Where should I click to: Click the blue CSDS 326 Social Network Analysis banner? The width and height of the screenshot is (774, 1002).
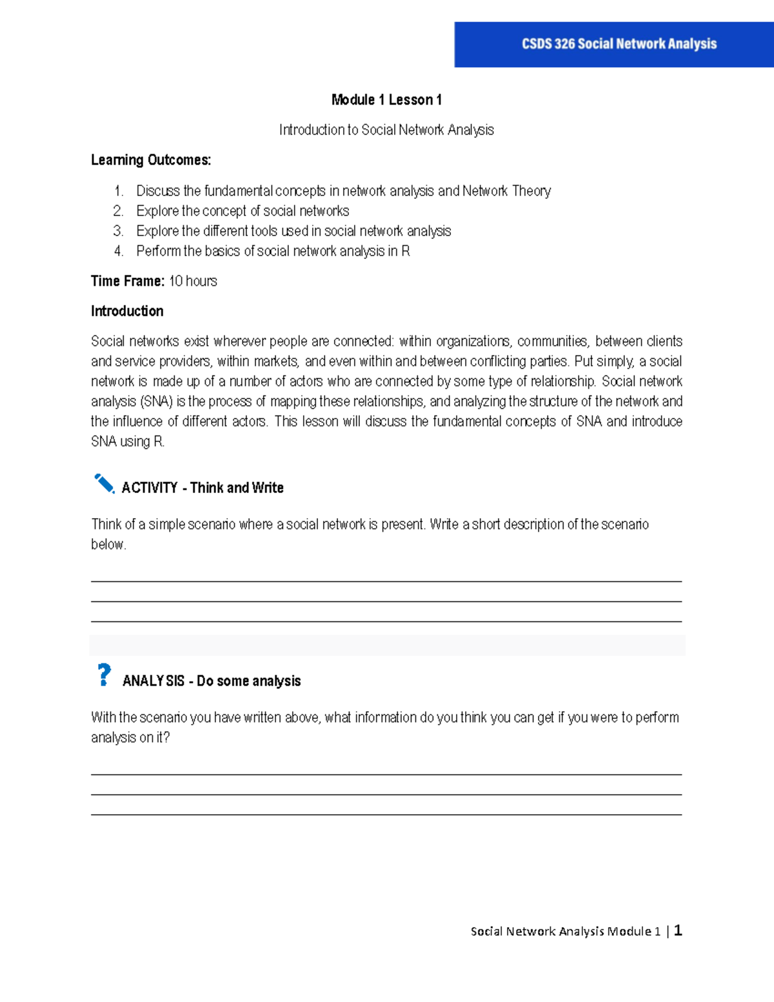coord(614,44)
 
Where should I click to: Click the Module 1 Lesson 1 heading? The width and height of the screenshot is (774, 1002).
coord(386,99)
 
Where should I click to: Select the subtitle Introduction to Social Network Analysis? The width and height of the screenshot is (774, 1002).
coord(386,130)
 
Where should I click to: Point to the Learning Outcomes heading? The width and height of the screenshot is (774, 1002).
coord(151,160)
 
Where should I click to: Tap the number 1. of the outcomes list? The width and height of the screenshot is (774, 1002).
coord(119,191)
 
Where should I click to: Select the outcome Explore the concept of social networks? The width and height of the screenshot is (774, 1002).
coord(243,211)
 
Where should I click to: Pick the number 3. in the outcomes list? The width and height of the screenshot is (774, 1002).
coord(118,231)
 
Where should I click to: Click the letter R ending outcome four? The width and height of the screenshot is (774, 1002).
coord(406,251)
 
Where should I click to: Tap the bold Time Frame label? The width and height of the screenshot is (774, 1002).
coord(128,281)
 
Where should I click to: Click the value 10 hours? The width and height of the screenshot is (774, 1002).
coord(193,281)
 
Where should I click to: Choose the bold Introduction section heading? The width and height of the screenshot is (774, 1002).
coord(127,311)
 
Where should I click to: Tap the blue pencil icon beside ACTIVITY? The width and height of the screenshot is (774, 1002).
coord(104,483)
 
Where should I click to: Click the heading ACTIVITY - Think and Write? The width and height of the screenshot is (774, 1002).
coord(203,488)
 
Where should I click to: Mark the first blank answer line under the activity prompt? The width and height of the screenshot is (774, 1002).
coord(386,581)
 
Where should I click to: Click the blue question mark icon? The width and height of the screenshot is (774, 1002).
coord(104,675)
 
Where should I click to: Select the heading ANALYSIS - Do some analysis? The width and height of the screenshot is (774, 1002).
coord(212,681)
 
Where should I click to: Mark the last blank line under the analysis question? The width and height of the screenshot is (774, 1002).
coord(386,814)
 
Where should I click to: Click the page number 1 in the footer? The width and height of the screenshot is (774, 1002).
coord(678,930)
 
